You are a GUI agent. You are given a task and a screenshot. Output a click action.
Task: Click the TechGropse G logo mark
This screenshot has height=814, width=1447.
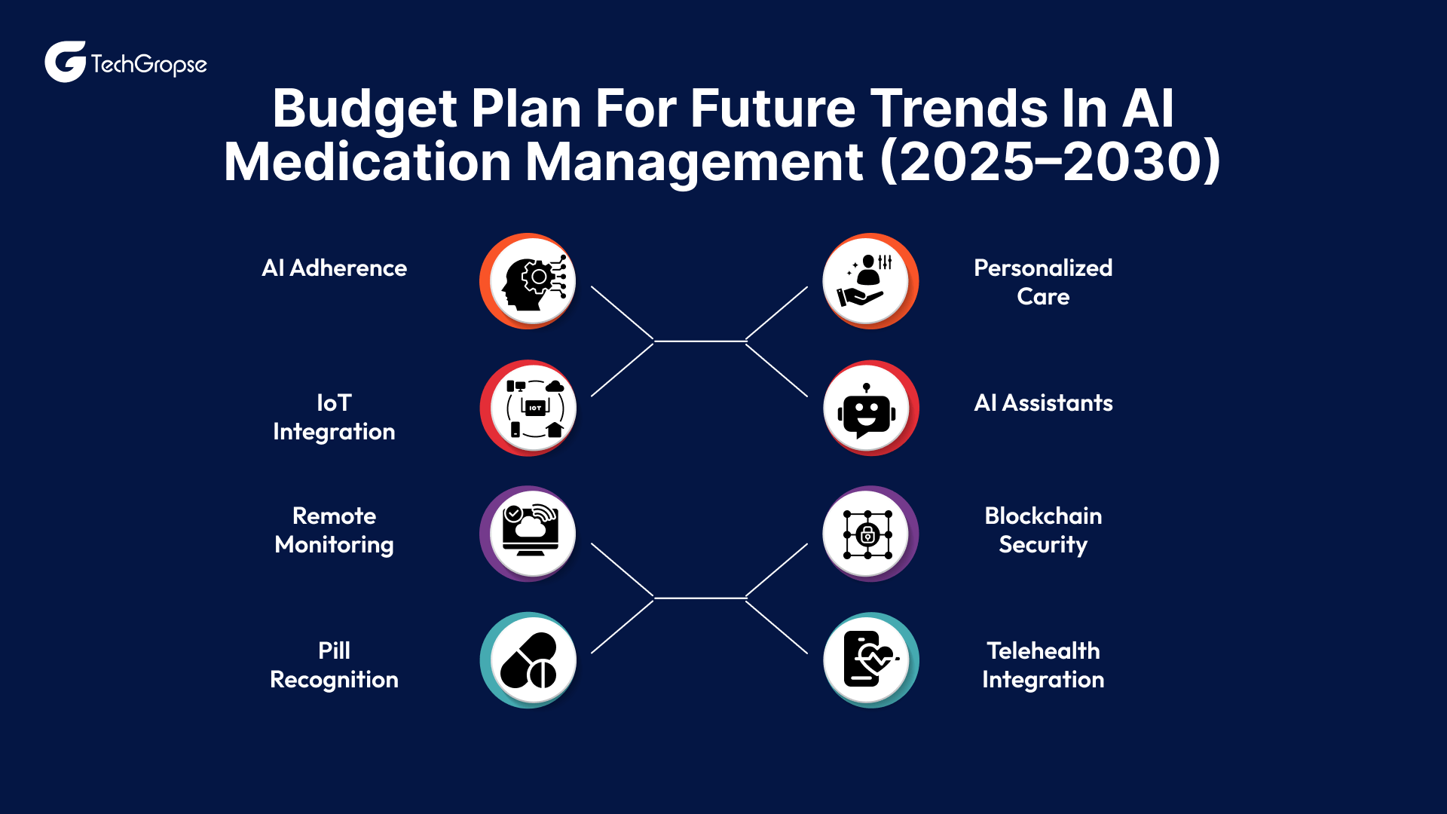tap(65, 62)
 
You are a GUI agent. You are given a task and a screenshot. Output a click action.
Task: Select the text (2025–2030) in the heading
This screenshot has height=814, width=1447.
tap(1050, 162)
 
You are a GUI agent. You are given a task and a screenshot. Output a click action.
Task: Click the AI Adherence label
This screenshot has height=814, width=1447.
tap(334, 268)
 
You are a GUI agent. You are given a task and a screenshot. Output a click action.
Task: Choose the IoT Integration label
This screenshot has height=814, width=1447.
tap(334, 417)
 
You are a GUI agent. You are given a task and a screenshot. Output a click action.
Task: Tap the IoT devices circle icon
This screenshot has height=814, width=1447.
tap(532, 409)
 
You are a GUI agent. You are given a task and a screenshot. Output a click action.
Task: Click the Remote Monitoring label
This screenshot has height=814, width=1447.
tap(334, 530)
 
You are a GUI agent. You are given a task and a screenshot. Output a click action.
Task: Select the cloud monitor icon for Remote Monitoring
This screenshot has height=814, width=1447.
tap(532, 533)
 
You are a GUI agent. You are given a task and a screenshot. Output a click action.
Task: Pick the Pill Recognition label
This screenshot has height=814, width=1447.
tap(334, 665)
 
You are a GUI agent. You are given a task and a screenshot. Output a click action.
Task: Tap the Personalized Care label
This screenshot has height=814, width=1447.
tap(1043, 282)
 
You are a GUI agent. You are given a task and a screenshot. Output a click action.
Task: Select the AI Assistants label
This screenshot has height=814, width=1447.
tap(1043, 403)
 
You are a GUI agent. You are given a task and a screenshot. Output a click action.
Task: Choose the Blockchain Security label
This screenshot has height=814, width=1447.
tap(1043, 530)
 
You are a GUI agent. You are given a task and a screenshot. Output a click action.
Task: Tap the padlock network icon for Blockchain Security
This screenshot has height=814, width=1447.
tap(867, 534)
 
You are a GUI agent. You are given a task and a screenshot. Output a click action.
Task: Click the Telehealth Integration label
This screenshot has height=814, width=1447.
tap(1043, 665)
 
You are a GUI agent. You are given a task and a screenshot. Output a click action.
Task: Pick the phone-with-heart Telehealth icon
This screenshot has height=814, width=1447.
tap(867, 660)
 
